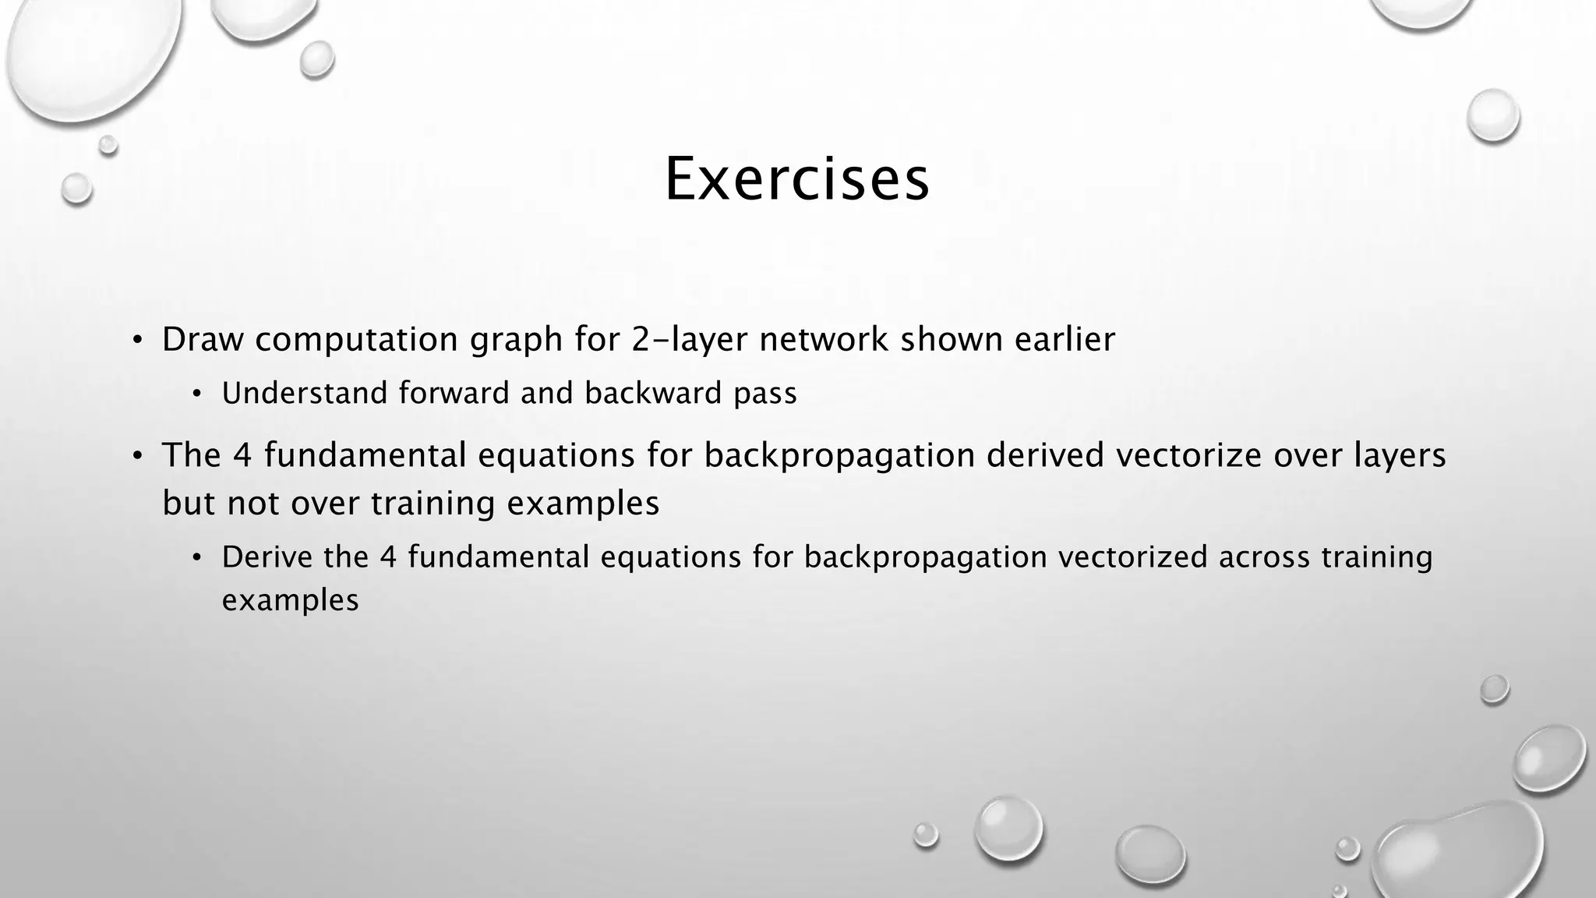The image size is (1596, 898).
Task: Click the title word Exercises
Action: point(796,180)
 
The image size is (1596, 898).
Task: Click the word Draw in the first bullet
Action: point(203,340)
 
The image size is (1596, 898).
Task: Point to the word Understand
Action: point(305,394)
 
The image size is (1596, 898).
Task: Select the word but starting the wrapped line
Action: point(189,503)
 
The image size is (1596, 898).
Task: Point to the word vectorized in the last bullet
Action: point(1134,557)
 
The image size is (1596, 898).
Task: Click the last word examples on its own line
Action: point(290,601)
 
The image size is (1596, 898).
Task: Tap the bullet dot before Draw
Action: point(137,341)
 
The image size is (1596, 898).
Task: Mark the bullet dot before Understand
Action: point(197,394)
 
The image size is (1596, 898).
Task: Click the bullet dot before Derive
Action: point(197,558)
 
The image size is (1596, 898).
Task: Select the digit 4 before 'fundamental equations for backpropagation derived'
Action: point(242,455)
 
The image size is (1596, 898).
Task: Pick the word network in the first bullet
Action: point(824,340)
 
